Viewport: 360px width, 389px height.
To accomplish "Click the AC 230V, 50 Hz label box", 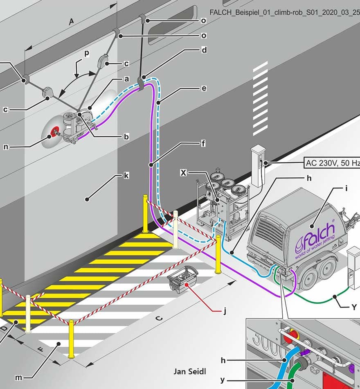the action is coord(332,163).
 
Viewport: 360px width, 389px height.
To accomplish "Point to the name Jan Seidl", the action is coord(190,371).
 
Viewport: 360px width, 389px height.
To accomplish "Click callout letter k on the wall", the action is coord(126,175).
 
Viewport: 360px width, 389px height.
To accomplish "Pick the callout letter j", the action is coord(225,310).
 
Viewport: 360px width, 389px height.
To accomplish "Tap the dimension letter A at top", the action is coord(71,22).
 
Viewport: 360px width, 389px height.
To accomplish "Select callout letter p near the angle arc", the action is coord(87,53).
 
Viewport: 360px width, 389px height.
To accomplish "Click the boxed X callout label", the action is coord(183,172).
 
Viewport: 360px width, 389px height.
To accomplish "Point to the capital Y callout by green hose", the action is coord(354,307).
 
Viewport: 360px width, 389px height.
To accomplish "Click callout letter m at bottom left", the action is coord(18,378).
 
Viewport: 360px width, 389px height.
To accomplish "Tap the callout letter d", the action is coord(204,50).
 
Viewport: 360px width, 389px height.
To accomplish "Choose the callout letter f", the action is coord(203,143).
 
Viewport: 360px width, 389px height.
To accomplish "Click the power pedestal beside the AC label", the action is coord(258,167).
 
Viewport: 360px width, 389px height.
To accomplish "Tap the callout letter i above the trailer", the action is coord(346,188).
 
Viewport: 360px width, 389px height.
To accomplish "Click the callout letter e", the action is coord(204,88).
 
